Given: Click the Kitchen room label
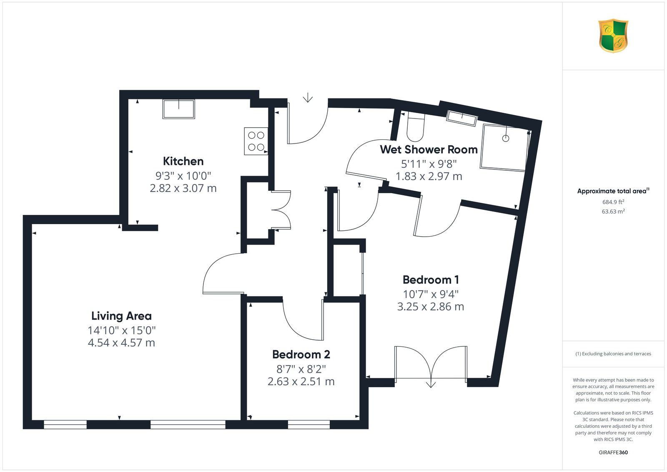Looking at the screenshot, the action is tap(183, 162).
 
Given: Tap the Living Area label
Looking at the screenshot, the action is tap(121, 316).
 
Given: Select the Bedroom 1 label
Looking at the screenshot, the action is tap(431, 280).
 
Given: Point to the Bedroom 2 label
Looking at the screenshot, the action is tap(301, 355).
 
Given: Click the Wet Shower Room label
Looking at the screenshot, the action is tap(429, 149).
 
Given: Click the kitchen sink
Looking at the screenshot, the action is tap(179, 109).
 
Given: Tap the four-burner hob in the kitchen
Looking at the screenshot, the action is tap(256, 141).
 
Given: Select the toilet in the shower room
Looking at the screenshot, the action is tap(415, 126).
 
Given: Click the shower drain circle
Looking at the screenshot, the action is tap(506, 138).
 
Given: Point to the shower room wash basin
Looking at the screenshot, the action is tap(461, 118).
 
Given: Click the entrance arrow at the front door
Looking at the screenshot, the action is tap(308, 98).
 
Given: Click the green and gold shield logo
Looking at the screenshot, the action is tap(613, 36).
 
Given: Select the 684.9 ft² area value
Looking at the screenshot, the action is tap(613, 202).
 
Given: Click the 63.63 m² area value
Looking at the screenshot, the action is tap(613, 212).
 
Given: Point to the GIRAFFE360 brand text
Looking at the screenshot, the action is tap(613, 452).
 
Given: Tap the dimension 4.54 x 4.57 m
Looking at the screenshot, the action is tap(121, 343).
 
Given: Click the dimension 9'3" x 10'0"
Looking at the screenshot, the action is tap(183, 176).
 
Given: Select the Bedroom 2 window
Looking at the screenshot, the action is tap(309, 424).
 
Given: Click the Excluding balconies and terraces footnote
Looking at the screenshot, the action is tap(613, 353).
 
